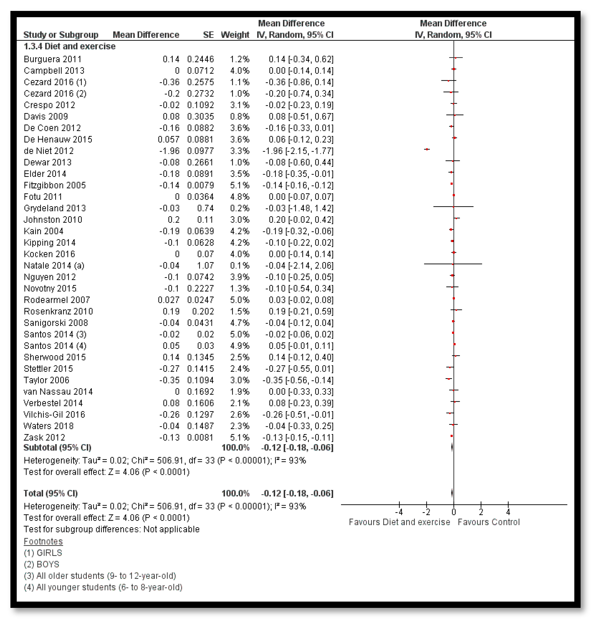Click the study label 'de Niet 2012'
click(49, 151)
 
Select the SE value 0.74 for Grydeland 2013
click(205, 208)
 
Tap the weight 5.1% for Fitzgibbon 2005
click(240, 185)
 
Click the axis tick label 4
click(508, 512)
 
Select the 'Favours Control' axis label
click(489, 522)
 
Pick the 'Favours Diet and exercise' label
click(399, 522)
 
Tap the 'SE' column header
click(208, 35)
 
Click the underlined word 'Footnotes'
click(43, 542)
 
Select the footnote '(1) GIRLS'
click(43, 553)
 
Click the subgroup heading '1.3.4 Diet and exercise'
click(70, 47)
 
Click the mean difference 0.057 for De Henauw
click(169, 140)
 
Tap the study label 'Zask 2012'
click(44, 438)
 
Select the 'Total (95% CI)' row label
click(50, 494)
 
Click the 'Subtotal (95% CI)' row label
click(57, 448)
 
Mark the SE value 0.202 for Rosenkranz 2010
click(203, 312)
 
